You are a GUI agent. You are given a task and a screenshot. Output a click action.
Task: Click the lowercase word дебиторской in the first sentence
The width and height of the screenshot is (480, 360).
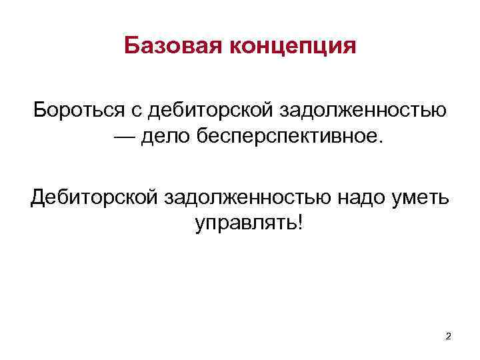[206, 108]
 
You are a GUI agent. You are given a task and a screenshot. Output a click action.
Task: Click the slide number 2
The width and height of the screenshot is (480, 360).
[448, 337]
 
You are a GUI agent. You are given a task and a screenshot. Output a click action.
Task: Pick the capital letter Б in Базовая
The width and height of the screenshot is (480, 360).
[131, 47]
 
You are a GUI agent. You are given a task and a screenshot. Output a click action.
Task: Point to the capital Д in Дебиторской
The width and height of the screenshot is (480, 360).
[39, 196]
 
